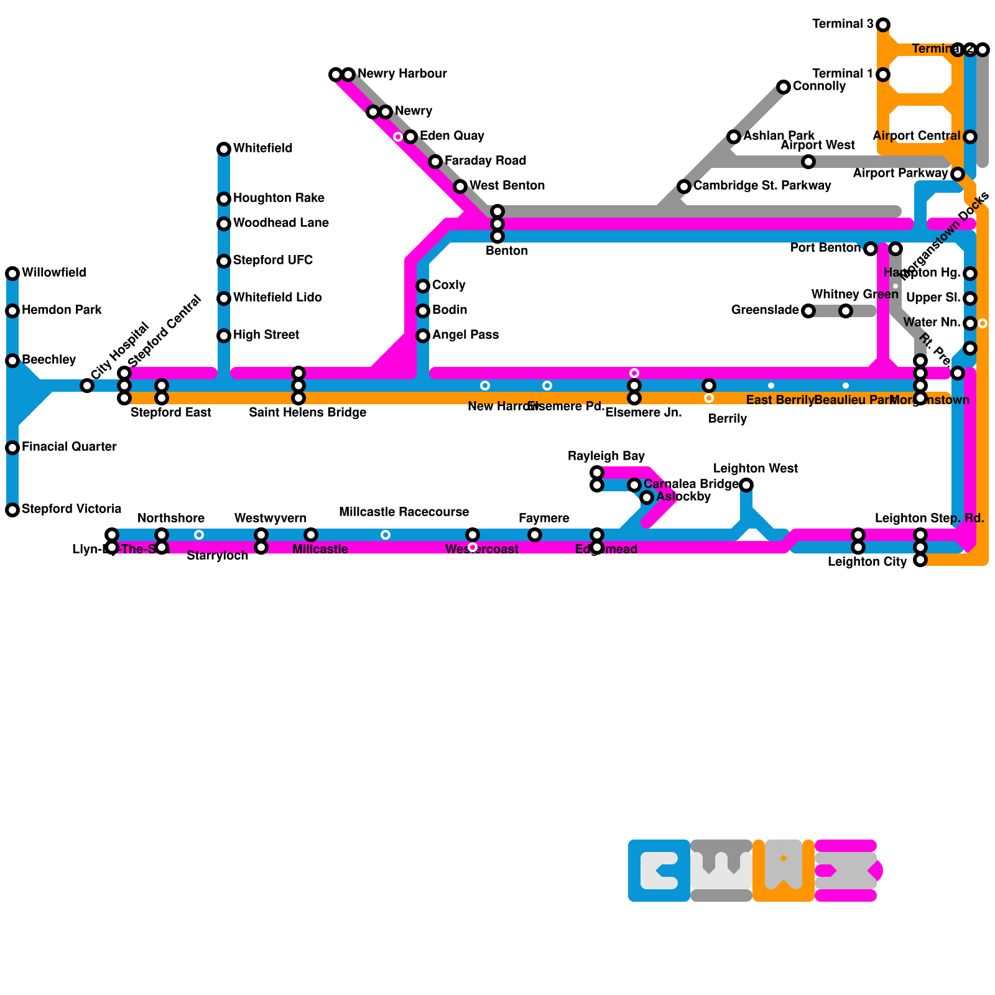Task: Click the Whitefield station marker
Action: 224,149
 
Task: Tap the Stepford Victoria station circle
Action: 12,510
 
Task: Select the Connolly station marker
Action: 784,87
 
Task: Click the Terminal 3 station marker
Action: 883,25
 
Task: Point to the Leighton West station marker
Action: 746,485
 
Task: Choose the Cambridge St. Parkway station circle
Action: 684,187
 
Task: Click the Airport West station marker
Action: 808,162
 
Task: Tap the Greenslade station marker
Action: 808,311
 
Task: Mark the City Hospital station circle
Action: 87,386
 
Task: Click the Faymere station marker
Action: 535,535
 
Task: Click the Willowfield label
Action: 54,273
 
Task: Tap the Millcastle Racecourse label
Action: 404,512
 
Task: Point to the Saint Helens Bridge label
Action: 307,413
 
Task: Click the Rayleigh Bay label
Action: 606,456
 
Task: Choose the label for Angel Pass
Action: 465,335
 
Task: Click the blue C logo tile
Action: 659,871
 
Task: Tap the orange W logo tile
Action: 784,871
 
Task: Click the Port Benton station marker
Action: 871,249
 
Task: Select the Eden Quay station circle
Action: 410,137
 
